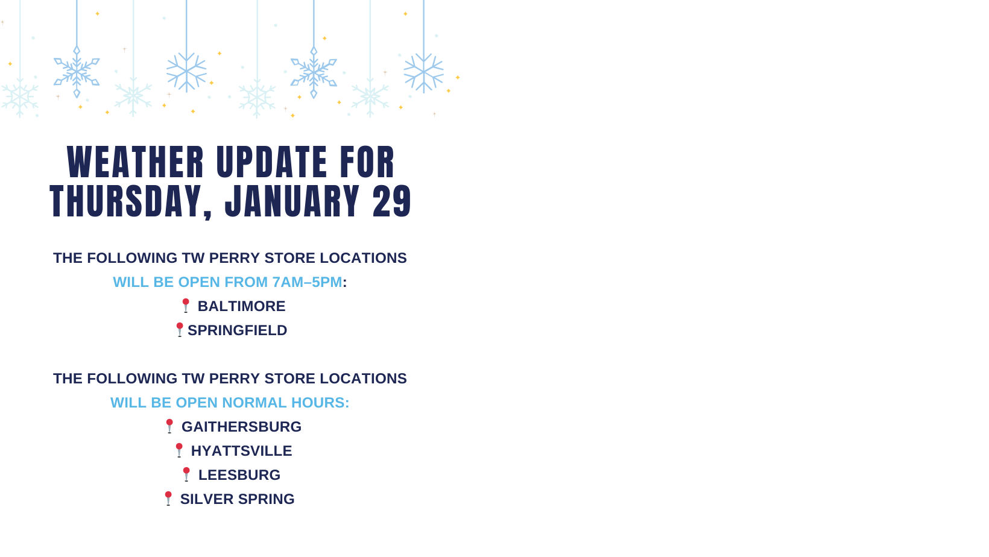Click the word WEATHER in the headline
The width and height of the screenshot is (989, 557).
136,162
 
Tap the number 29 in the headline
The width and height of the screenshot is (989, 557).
392,201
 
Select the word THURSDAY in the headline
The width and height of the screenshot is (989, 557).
126,202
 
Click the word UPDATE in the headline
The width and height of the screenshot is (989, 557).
272,162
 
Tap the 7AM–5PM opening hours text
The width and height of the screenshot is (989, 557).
307,282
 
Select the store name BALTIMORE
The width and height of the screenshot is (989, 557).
241,306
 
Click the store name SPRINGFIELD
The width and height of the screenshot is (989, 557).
237,330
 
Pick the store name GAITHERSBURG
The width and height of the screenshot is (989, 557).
241,427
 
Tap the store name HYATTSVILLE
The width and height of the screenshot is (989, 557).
241,451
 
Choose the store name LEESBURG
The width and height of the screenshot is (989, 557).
239,475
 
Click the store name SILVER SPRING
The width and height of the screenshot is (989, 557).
237,499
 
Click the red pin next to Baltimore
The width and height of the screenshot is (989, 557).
186,306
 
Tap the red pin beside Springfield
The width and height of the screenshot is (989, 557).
179,330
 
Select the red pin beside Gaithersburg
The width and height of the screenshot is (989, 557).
169,426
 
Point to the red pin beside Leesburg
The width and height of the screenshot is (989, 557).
186,474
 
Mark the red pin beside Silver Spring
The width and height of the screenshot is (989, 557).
168,499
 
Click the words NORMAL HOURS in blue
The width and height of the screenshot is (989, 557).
285,403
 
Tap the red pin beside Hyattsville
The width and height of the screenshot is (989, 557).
179,450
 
